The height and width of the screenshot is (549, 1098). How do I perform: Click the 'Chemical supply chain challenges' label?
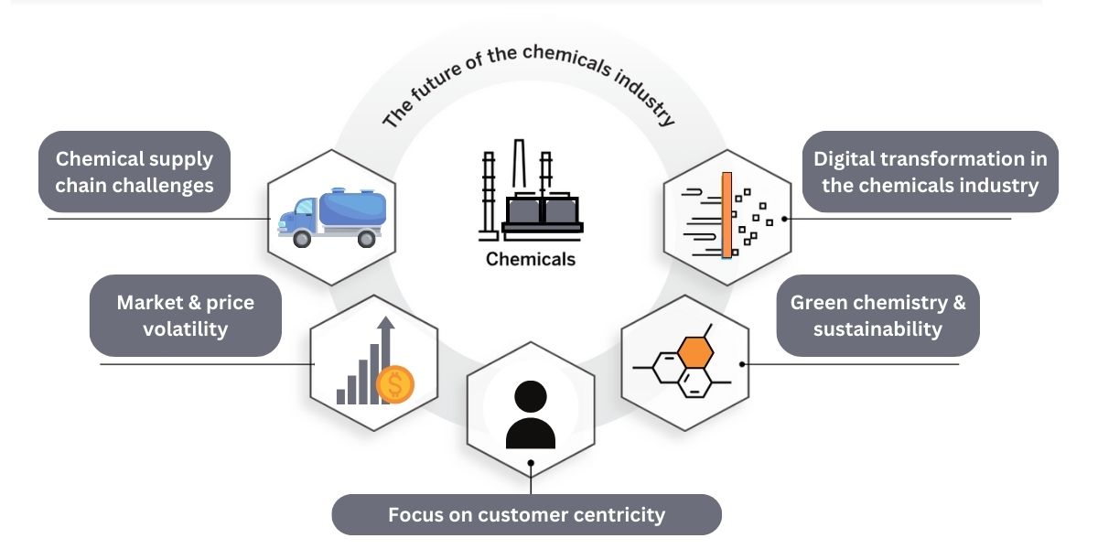point(135,171)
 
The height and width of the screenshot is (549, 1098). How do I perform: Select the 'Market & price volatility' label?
point(185,315)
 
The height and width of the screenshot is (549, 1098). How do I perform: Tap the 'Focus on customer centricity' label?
point(526,514)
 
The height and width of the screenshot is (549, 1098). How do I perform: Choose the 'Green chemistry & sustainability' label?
point(877,315)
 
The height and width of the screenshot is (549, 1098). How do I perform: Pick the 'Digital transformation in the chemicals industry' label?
point(931,171)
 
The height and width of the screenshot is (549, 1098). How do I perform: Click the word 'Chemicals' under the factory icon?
point(531,259)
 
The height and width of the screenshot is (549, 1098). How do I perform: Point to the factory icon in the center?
point(531,192)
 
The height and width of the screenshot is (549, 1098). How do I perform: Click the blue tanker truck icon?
point(331,218)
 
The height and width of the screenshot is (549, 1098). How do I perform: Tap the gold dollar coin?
point(395,385)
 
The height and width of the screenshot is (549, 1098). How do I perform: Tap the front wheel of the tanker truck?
point(301,240)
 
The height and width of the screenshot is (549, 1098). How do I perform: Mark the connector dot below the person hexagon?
point(531,464)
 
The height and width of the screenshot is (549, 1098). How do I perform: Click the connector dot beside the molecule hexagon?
point(742,363)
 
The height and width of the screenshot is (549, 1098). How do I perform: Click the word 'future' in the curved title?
point(445,83)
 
